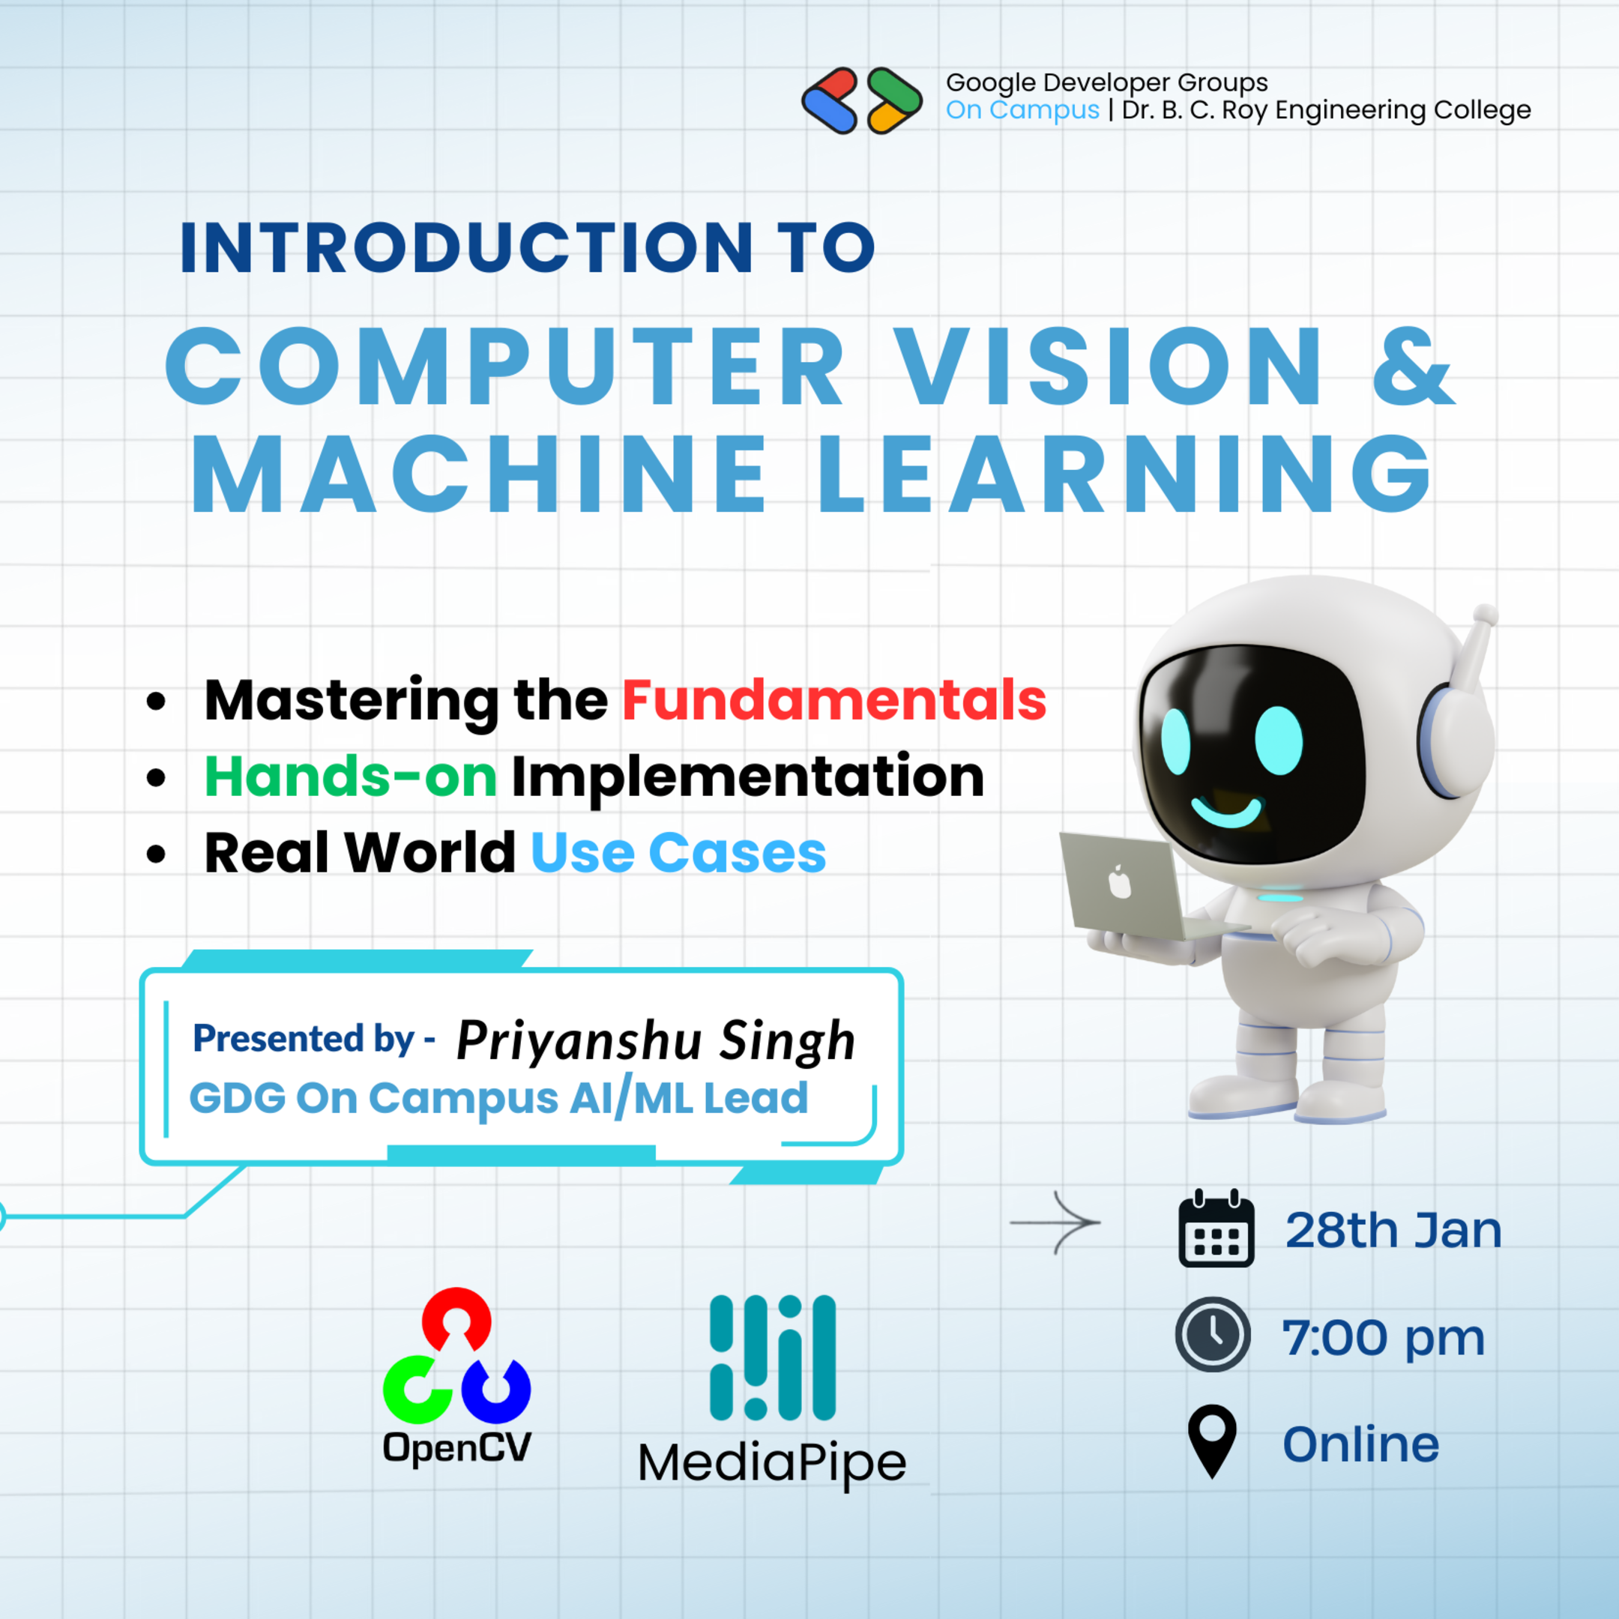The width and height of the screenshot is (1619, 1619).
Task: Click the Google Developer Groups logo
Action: coord(861,100)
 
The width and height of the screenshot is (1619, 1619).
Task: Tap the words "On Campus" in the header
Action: coord(1022,109)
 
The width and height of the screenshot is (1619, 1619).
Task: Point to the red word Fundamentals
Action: coord(833,700)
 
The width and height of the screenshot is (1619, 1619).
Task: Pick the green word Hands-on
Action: coord(350,776)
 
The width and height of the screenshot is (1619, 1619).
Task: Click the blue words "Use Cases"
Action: coord(678,853)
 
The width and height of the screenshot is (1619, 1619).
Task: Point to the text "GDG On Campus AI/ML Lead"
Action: coord(498,1099)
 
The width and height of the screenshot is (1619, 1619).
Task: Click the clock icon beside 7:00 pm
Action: coord(1213,1334)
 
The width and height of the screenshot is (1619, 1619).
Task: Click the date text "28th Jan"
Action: coord(1393,1230)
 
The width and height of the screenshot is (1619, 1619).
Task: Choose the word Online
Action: coord(1361,1444)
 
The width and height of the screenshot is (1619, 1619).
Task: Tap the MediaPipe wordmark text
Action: coord(772,1463)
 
